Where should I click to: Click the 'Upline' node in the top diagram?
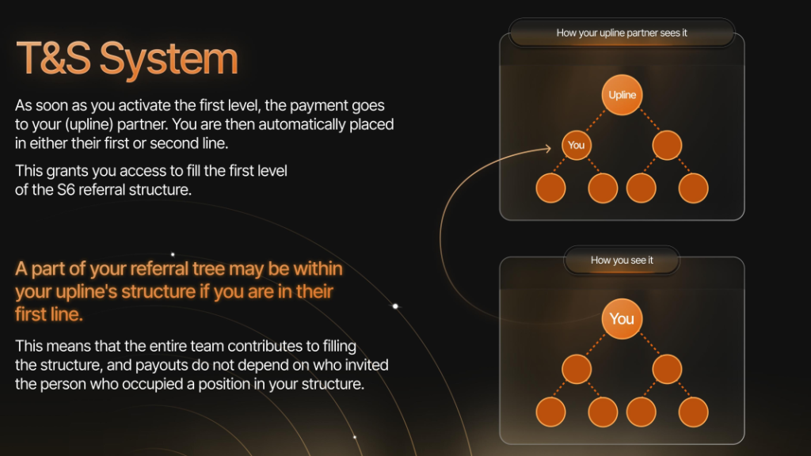click(x=622, y=95)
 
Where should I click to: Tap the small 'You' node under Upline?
click(x=577, y=146)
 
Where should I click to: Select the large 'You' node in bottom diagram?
click(x=622, y=319)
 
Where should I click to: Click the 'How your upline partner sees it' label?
click(x=622, y=33)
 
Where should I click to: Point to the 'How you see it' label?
click(x=622, y=260)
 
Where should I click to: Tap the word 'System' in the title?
click(x=169, y=61)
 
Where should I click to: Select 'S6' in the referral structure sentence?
click(x=66, y=190)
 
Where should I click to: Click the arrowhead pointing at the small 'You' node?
click(x=548, y=149)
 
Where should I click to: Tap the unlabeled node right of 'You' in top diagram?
click(x=667, y=146)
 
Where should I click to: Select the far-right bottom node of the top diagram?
click(x=693, y=188)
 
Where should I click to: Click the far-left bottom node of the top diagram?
click(x=551, y=188)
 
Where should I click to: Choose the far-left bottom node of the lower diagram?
click(x=551, y=412)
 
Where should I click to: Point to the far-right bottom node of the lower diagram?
click(x=693, y=412)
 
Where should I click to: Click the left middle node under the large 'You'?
click(x=577, y=369)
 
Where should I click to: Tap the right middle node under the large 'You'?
click(x=667, y=369)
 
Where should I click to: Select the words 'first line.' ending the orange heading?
click(x=48, y=314)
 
